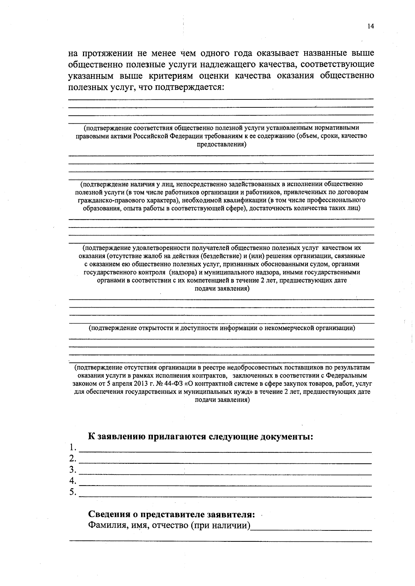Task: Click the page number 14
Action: click(370, 27)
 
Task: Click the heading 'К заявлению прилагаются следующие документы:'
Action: click(201, 436)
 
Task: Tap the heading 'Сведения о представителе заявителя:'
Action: click(172, 515)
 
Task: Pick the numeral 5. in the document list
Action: click(73, 492)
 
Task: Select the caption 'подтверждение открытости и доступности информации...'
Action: click(222, 328)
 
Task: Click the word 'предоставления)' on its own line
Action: click(222, 144)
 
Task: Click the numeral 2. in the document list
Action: click(73, 459)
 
